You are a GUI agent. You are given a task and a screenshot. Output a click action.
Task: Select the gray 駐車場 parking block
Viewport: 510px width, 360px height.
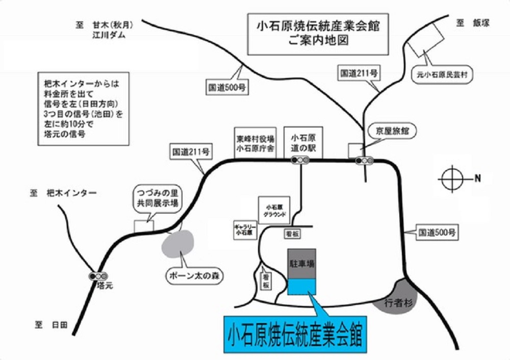pyautogui.click(x=302, y=264)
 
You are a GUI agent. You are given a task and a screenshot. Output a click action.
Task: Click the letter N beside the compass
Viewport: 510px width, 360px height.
pyautogui.click(x=478, y=178)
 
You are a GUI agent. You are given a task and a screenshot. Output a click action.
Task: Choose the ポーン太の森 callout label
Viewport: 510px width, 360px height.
pyautogui.click(x=196, y=276)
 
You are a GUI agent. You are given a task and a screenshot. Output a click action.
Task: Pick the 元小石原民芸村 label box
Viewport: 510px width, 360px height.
pyautogui.click(x=442, y=75)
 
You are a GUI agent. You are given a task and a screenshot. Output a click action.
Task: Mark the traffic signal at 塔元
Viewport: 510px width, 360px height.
pyautogui.click(x=98, y=276)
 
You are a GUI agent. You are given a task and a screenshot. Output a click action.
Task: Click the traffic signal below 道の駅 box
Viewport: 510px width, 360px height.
pyautogui.click(x=300, y=160)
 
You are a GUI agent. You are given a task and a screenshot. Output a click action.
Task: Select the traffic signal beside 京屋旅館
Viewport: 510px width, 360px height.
pyautogui.click(x=365, y=161)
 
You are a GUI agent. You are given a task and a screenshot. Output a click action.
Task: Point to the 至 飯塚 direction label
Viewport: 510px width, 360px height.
pyautogui.click(x=473, y=22)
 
